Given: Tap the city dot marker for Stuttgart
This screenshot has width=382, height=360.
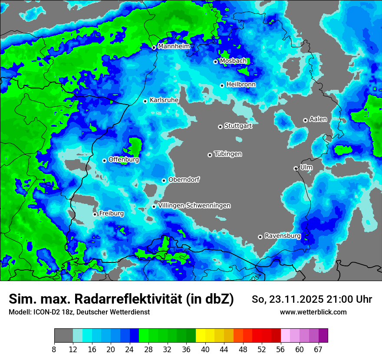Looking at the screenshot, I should (220, 127).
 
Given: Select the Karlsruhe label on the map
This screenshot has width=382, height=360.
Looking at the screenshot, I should (164, 100).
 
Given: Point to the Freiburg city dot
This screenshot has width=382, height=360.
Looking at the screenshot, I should (95, 214).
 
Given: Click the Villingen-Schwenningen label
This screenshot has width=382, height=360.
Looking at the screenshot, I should (194, 206).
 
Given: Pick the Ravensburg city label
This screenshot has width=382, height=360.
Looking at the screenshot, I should (283, 236).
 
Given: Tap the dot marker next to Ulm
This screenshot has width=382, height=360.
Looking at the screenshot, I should (296, 168).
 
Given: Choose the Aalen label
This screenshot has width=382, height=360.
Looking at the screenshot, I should (318, 119).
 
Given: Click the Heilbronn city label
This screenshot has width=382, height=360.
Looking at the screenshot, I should (241, 84).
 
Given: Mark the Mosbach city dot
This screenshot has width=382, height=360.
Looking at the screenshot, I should (215, 62).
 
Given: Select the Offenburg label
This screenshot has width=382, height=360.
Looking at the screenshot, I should (124, 160).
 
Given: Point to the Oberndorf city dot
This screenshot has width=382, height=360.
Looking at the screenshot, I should (164, 180).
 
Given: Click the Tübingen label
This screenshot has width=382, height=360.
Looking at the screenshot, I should (228, 154).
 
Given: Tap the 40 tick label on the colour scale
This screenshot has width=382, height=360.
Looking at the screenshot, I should (205, 349).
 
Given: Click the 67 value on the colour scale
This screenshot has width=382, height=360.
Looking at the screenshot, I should (318, 349).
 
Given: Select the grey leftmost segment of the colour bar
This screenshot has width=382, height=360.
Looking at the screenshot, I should (63, 336).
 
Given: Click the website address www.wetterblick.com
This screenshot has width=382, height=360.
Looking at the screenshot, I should (313, 312).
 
